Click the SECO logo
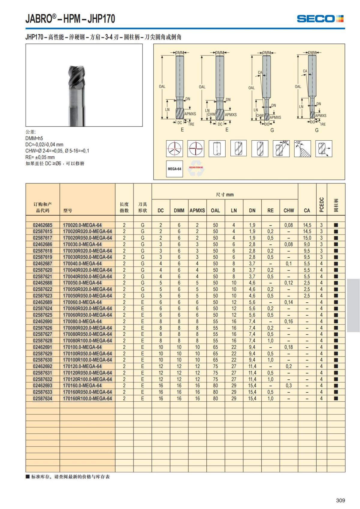point(320,19)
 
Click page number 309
point(340,500)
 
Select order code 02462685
point(43,225)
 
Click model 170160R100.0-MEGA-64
point(87,398)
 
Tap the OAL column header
point(215,210)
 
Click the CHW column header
point(289,210)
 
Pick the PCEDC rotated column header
point(322,205)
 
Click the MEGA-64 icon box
point(174,169)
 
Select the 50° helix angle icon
point(281,148)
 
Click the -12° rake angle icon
point(302,148)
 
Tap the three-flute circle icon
point(174,148)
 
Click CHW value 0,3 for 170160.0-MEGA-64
point(289,385)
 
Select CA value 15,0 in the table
point(307,238)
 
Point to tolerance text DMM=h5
point(34,138)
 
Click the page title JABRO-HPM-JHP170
point(70,19)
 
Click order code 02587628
point(43,340)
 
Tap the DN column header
point(252,210)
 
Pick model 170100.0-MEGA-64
point(82,347)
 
